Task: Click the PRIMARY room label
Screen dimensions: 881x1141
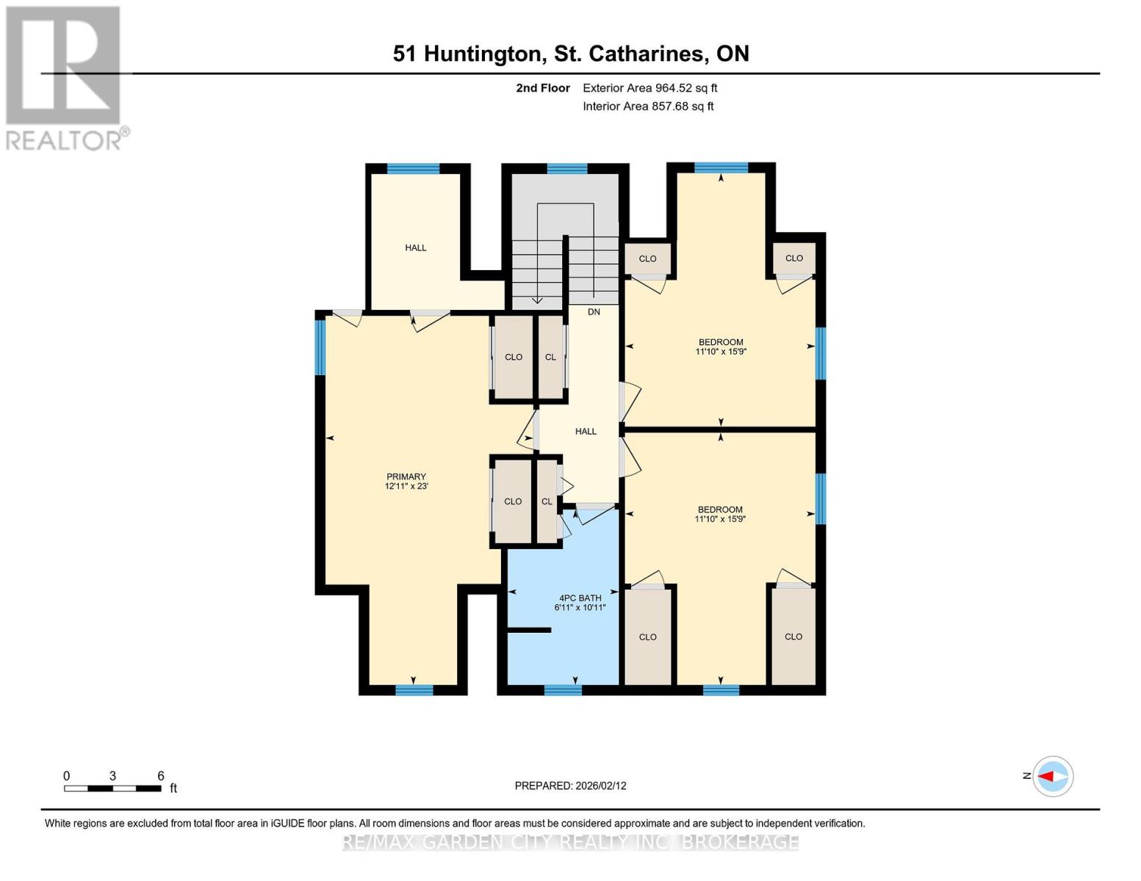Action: pos(406,476)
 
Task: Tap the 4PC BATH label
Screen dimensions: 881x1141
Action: pos(580,598)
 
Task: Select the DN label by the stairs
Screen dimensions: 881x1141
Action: pos(594,312)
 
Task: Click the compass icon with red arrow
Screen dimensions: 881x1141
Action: pos(1053,776)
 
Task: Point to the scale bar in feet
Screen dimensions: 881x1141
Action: pos(112,788)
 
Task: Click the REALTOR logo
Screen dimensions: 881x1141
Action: pos(64,77)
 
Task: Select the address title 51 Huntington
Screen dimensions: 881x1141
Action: pos(570,54)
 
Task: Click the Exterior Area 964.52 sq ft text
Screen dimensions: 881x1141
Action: pos(649,88)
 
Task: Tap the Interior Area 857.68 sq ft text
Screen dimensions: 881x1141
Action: pos(648,106)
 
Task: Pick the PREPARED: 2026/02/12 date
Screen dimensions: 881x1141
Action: pos(570,786)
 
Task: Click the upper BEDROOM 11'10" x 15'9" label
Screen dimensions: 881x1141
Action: pos(721,347)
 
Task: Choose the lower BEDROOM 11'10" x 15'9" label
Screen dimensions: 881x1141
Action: pos(720,514)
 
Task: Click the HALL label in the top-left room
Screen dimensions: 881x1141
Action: pos(416,248)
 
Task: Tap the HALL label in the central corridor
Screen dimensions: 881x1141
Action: pos(586,432)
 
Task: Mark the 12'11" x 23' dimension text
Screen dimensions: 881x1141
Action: pos(406,486)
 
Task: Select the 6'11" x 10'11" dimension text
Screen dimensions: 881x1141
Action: pos(580,608)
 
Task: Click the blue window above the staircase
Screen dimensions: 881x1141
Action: pos(567,169)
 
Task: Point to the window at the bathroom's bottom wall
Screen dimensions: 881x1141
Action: pos(563,689)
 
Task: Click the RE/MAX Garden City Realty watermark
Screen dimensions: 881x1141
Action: pos(570,842)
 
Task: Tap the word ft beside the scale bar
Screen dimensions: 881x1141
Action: pos(173,788)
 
